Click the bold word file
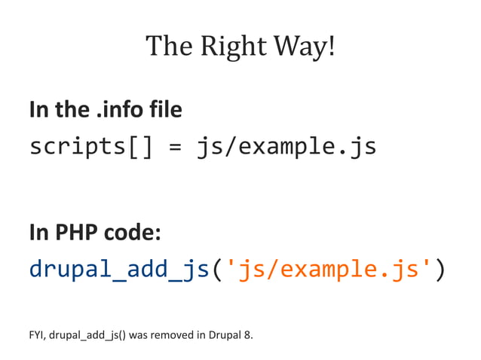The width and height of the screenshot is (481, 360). [x=165, y=111]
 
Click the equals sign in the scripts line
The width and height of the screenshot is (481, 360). [x=174, y=147]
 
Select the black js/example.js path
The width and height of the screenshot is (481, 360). [x=286, y=147]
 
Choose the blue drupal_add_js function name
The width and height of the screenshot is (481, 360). [x=118, y=269]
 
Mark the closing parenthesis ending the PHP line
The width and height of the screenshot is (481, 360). [x=440, y=269]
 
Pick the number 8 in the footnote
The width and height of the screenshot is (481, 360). [x=249, y=334]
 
